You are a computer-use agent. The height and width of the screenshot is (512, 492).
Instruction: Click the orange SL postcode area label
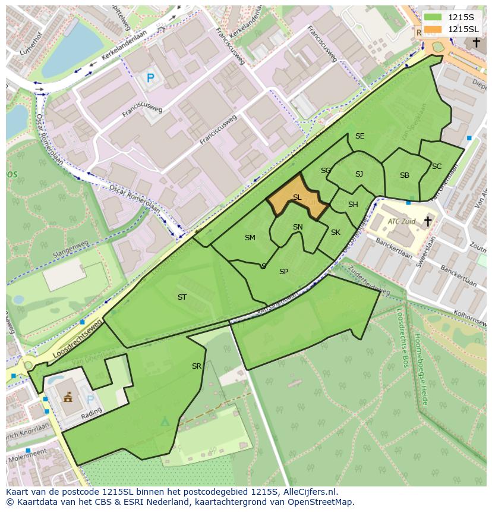(297, 197)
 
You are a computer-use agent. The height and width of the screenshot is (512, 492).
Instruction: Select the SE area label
(359, 136)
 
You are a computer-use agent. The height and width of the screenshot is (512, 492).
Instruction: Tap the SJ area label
(359, 174)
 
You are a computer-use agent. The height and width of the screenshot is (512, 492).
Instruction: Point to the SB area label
(405, 175)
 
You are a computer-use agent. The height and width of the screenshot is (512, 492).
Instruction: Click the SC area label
(437, 167)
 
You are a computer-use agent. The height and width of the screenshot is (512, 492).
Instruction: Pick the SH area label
(353, 205)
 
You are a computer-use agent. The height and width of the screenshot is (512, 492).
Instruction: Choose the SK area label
(336, 233)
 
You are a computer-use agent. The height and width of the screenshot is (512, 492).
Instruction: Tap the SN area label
(298, 227)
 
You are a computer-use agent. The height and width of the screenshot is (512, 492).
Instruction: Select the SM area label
(250, 238)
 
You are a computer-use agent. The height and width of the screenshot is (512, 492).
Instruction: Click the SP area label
(283, 272)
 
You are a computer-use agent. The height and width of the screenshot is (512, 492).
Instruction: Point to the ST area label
(182, 297)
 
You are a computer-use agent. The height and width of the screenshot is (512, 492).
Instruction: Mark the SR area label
(197, 366)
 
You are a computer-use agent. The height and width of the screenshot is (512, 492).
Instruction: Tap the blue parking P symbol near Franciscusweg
(150, 78)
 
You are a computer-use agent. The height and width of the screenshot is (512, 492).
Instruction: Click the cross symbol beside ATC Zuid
(428, 221)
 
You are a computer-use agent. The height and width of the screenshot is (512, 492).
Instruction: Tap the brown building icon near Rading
(68, 396)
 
